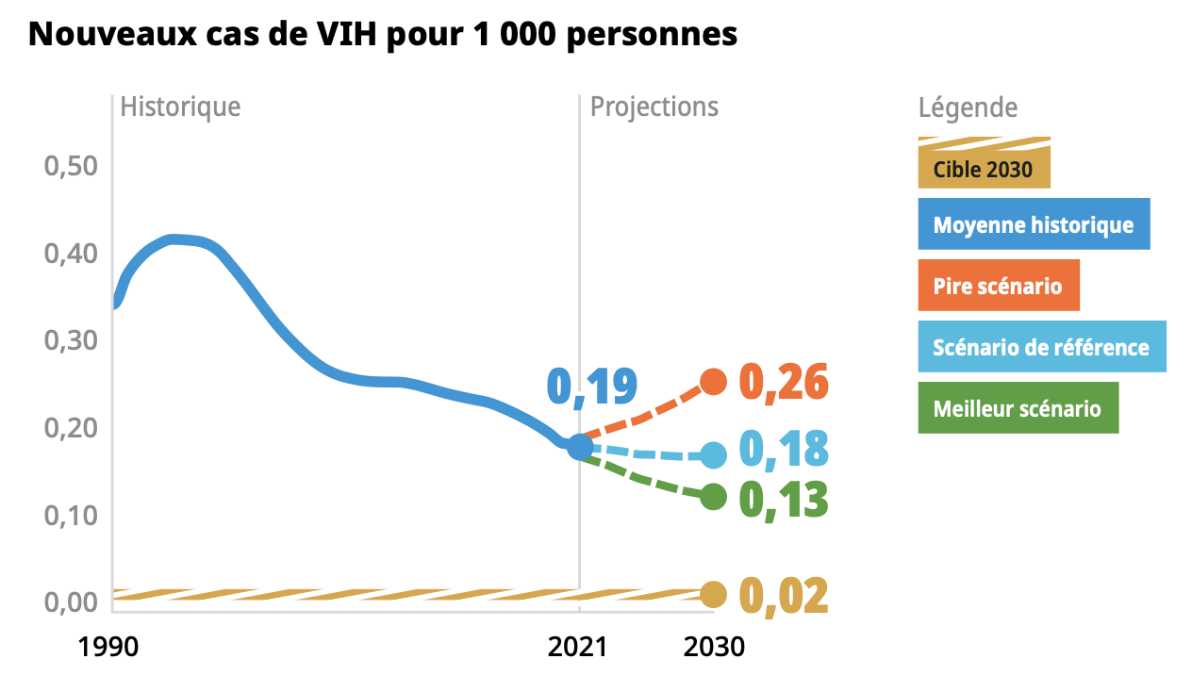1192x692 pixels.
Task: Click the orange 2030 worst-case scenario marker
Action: (x=713, y=382)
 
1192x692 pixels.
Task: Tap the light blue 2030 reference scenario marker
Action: (x=713, y=455)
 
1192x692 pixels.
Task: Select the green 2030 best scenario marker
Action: (x=713, y=497)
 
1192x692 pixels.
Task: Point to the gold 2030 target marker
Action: (x=713, y=595)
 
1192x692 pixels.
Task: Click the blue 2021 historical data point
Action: (x=580, y=447)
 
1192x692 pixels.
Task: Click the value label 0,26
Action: (x=783, y=383)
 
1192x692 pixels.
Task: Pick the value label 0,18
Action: (x=783, y=450)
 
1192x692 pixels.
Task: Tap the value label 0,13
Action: (x=783, y=500)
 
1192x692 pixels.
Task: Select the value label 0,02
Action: (x=783, y=595)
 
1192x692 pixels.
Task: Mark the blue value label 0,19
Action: (x=592, y=387)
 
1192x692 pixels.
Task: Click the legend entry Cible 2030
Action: (x=983, y=171)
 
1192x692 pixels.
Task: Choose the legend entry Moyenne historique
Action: (x=1034, y=224)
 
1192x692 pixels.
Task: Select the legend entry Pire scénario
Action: (x=998, y=286)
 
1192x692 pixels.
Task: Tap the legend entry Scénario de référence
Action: (x=1041, y=347)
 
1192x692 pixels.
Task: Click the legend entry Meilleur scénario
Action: (x=1018, y=408)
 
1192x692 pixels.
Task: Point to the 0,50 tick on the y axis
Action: (x=72, y=167)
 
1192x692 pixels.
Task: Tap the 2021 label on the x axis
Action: (x=579, y=648)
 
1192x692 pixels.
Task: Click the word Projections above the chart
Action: (x=654, y=107)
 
